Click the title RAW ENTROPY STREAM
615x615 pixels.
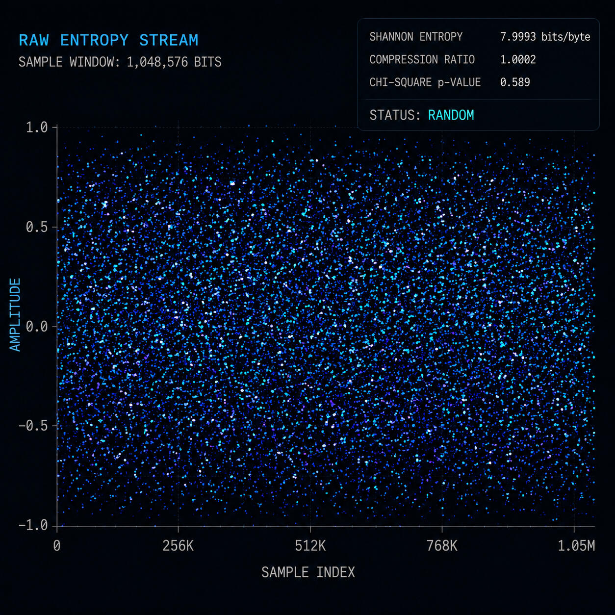pos(108,41)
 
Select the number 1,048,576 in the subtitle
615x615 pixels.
pos(157,62)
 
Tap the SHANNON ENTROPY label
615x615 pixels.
pos(416,37)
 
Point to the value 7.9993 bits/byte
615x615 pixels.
pos(545,37)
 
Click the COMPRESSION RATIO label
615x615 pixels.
pos(422,60)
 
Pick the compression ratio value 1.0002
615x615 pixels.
pos(518,60)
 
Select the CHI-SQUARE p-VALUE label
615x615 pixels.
pos(425,82)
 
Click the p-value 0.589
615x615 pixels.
pos(515,82)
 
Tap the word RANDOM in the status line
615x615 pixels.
pos(451,115)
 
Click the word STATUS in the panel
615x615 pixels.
pos(392,115)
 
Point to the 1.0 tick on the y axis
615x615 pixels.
pos(36,128)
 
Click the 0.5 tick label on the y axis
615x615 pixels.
pos(36,227)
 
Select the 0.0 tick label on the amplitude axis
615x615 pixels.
pos(36,327)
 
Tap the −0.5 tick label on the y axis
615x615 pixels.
pos(33,426)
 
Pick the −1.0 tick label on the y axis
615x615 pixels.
pos(33,525)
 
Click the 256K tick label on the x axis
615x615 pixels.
pos(178,546)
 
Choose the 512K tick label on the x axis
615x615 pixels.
pos(310,546)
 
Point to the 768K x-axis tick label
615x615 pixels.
pos(442,546)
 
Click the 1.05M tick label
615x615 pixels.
pos(576,546)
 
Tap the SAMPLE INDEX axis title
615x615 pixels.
pos(308,572)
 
